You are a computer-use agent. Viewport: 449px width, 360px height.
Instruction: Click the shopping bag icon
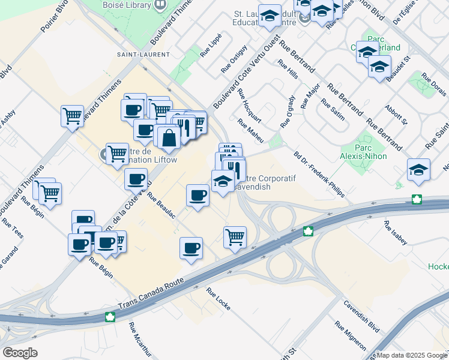pos(170,137)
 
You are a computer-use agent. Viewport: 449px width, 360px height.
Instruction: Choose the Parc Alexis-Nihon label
pos(370,152)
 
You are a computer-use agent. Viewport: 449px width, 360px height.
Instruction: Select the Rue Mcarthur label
pos(137,341)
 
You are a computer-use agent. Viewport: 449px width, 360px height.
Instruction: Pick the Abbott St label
pos(396,113)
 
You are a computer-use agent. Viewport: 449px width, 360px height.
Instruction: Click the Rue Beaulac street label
pos(161,205)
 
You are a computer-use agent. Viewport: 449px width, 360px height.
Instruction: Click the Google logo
pos(20,353)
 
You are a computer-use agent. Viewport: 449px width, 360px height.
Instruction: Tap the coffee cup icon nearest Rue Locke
pos(191,248)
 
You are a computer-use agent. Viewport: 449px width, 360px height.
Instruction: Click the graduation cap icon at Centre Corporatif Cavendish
pos(223,181)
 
